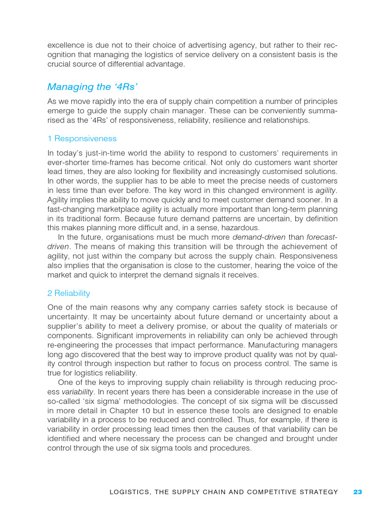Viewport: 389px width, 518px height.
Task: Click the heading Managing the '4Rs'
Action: pos(86,87)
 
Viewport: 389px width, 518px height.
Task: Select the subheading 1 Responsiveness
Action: pos(82,139)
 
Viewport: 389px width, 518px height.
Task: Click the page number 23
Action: pos(358,492)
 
